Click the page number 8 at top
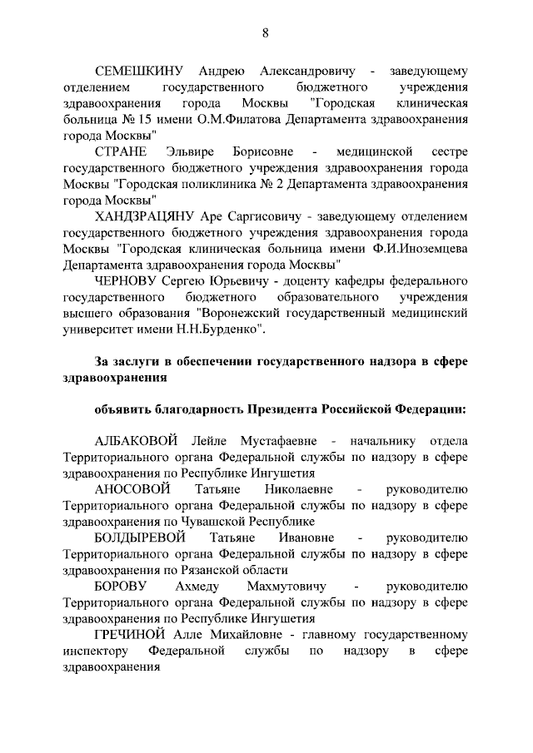click(x=266, y=32)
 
